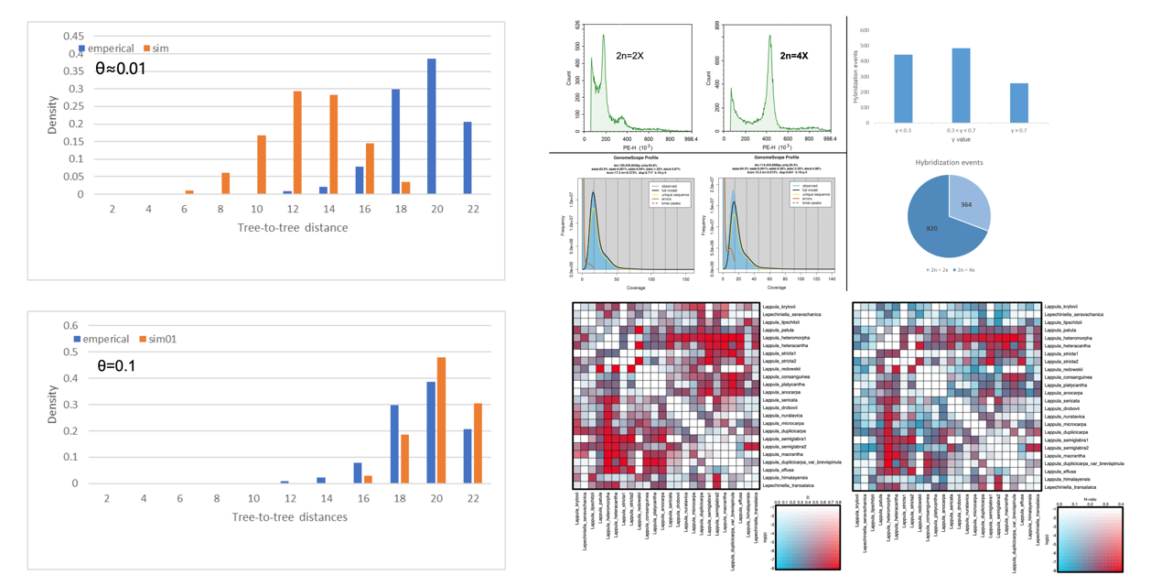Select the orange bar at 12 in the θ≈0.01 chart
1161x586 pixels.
coord(297,143)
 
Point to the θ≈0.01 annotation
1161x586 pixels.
coord(121,69)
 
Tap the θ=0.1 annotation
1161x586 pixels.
coord(116,366)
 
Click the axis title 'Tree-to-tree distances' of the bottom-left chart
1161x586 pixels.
coord(289,516)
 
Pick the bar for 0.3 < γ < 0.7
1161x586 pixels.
coord(961,85)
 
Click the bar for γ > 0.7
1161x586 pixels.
coord(1019,103)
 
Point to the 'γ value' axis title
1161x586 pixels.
coord(960,140)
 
